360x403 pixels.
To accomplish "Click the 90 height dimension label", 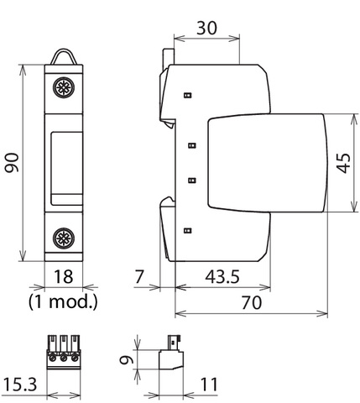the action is (13, 163).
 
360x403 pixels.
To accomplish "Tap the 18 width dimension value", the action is (64, 277).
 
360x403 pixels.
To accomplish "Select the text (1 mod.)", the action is (63, 302).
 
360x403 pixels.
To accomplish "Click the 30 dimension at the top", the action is (206, 28).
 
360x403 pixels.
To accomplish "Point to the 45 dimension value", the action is (343, 163).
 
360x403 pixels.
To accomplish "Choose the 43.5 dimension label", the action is (222, 277).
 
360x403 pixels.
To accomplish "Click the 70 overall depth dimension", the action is (252, 303).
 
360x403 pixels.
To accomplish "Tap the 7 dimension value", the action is (139, 277).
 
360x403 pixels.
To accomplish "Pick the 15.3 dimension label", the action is (20, 385).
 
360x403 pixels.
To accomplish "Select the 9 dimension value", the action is (125, 360).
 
